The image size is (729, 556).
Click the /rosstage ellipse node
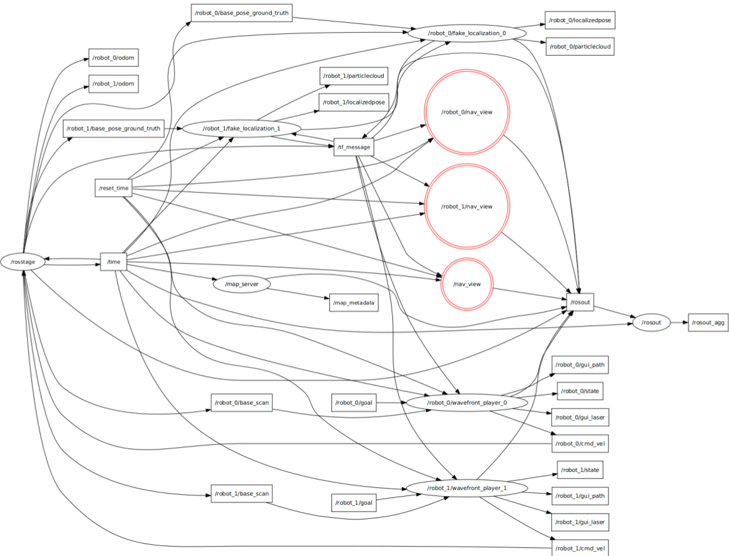pyautogui.click(x=23, y=262)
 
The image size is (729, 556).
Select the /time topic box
pyautogui.click(x=114, y=262)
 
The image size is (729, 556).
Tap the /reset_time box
pyautogui.click(x=113, y=187)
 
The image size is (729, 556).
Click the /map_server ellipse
pyautogui.click(x=242, y=284)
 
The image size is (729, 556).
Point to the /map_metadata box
pyautogui.click(x=354, y=303)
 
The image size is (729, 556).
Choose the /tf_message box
pyautogui.click(x=353, y=147)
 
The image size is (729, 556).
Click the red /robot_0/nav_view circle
pyautogui.click(x=466, y=112)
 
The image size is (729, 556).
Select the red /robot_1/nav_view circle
pyautogui.click(x=466, y=206)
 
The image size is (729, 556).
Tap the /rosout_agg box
pyautogui.click(x=708, y=322)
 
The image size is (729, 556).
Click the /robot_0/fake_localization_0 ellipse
pyautogui.click(x=466, y=33)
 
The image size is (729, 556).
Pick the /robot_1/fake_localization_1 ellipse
pyautogui.click(x=241, y=129)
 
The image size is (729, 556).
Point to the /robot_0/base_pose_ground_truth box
pyautogui.click(x=241, y=12)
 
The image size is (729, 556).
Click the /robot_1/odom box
pyautogui.click(x=113, y=83)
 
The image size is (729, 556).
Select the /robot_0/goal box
pyautogui.click(x=353, y=403)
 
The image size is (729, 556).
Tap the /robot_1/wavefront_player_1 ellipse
pyautogui.click(x=466, y=488)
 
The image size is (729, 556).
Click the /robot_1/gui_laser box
pyautogui.click(x=580, y=523)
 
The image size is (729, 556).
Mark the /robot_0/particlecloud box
pyautogui.click(x=579, y=46)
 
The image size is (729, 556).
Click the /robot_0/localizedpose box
pyautogui.click(x=579, y=20)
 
